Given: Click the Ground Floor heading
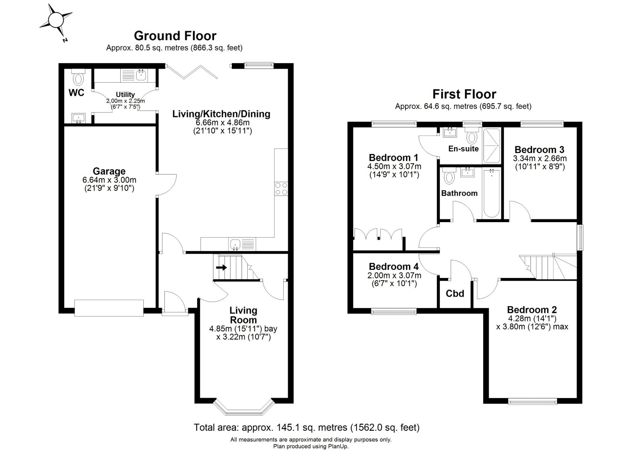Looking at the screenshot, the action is click(175, 36).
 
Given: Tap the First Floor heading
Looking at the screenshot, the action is click(464, 94).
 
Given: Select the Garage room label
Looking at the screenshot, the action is click(109, 171).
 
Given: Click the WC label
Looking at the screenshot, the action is click(76, 93).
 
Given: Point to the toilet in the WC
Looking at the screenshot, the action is click(78, 77).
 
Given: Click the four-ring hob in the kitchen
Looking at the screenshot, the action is click(281, 188).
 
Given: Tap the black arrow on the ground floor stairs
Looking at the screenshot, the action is click(221, 267).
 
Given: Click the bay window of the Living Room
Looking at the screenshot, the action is click(244, 407).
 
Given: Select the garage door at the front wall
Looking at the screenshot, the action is click(109, 308).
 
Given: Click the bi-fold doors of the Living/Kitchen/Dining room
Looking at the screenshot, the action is click(192, 72).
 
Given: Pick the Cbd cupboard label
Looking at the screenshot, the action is click(455, 293).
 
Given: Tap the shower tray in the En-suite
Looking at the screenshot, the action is click(491, 145).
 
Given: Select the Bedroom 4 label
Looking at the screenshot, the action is click(394, 266).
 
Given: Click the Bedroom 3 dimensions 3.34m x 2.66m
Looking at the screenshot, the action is click(540, 158).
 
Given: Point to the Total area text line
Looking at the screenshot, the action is click(307, 427).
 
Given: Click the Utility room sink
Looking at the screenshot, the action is click(141, 75).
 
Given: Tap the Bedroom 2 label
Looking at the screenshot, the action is click(532, 310).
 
